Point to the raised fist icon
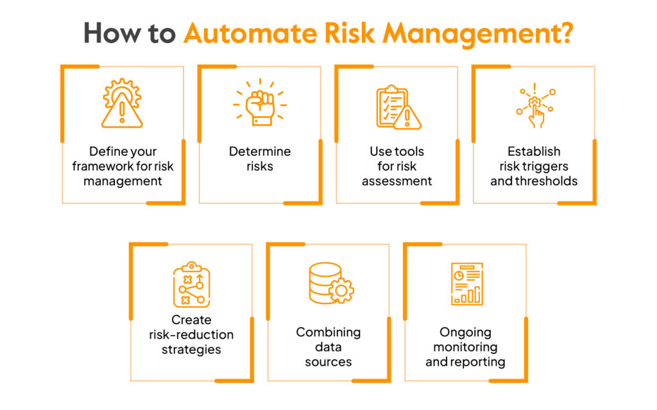pos(260,103)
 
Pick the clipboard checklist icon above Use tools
pos(397,107)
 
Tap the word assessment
pos(397,181)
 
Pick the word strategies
pos(191,350)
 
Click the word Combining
pos(328,332)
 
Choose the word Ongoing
pos(465,332)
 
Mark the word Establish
pos(534,151)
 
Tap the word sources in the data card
pos(328,362)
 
